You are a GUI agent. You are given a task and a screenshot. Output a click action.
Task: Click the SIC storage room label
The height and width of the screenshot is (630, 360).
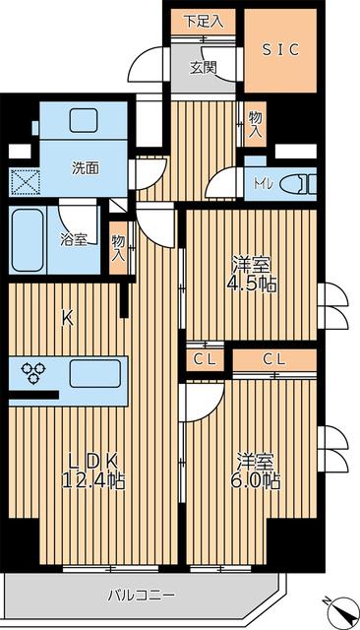(279, 48)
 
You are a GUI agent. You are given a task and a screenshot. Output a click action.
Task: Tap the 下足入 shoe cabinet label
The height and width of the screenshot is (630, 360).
(204, 20)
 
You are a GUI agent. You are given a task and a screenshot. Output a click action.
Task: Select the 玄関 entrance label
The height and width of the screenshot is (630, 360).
(204, 68)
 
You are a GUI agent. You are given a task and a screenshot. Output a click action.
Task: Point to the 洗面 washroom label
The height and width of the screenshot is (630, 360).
(85, 167)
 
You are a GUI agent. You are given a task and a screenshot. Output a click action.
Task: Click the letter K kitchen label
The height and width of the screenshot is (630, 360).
(67, 317)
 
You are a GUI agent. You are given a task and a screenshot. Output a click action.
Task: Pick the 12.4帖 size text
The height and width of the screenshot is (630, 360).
(95, 480)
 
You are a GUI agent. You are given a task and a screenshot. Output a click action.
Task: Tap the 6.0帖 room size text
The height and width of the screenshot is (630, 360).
(258, 481)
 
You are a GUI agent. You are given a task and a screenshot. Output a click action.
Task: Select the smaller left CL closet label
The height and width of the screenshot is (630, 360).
(205, 359)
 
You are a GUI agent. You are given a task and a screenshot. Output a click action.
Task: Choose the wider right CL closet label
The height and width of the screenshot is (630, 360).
(274, 359)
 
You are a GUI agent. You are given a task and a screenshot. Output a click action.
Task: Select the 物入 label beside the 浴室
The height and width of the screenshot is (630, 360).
(118, 246)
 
